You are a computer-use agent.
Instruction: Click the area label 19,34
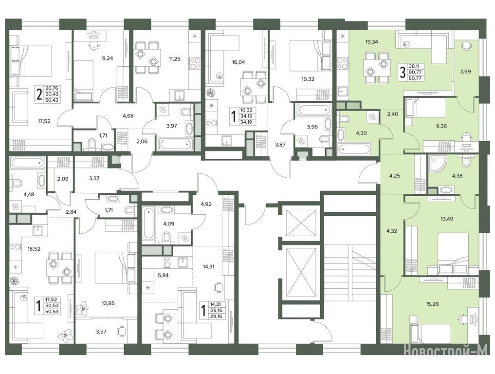(372, 42)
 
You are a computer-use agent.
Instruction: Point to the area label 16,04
(238, 62)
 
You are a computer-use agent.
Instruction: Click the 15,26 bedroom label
(432, 304)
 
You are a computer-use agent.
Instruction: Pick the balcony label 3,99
(465, 72)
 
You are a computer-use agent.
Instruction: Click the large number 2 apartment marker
(39, 94)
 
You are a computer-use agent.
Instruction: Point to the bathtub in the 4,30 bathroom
(353, 149)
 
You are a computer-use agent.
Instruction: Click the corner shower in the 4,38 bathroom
(436, 163)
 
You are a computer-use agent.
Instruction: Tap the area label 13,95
(108, 303)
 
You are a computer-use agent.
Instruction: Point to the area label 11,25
(174, 58)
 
